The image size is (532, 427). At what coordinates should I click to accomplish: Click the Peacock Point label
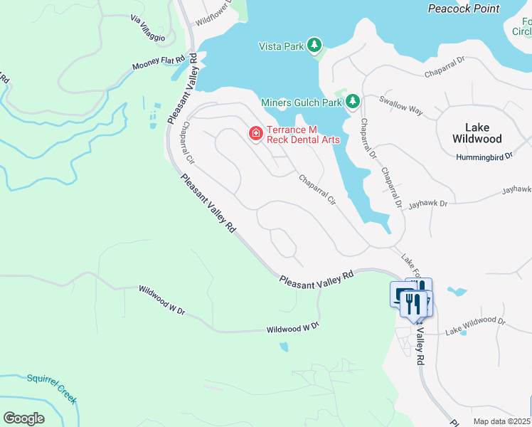coord(463,9)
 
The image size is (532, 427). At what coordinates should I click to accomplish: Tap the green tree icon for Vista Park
coord(314,46)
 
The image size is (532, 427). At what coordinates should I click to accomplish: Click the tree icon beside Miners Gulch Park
coord(352,102)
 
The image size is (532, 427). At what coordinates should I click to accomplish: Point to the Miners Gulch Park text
coord(301,102)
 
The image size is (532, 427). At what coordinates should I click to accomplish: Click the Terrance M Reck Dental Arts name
coord(303,135)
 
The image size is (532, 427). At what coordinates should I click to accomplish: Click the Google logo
coord(23,418)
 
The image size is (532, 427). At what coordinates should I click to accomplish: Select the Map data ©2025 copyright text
coord(501,421)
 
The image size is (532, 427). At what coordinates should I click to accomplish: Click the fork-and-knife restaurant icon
coord(413,304)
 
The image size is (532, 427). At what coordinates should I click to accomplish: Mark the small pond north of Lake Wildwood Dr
coord(457,292)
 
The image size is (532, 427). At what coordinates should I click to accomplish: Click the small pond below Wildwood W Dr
coord(284,347)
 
